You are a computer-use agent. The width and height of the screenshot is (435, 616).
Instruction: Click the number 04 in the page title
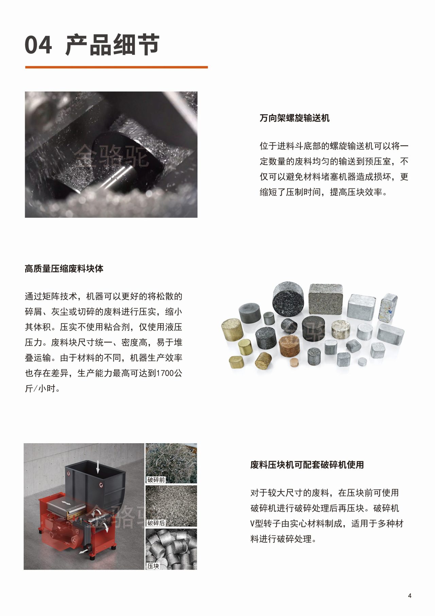(x=38, y=45)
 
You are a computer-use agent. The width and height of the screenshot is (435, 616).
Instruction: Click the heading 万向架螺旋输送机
(x=295, y=118)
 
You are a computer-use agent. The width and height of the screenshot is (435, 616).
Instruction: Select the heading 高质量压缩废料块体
(x=64, y=269)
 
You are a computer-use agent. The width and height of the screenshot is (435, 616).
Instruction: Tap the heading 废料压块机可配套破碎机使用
(x=307, y=465)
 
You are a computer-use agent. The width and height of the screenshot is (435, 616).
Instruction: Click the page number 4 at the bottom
(x=410, y=596)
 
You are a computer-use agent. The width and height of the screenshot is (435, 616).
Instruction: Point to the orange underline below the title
(x=116, y=67)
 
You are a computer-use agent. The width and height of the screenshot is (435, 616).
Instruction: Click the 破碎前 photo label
(x=156, y=480)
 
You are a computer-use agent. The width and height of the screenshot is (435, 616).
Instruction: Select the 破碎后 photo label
(x=156, y=523)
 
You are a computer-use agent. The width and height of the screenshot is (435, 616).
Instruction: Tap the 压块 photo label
(x=153, y=566)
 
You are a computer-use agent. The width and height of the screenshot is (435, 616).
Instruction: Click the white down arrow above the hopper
(x=98, y=466)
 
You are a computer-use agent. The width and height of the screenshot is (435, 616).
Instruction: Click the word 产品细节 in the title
(x=112, y=45)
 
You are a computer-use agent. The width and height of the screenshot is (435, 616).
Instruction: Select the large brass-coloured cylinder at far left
(x=232, y=329)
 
